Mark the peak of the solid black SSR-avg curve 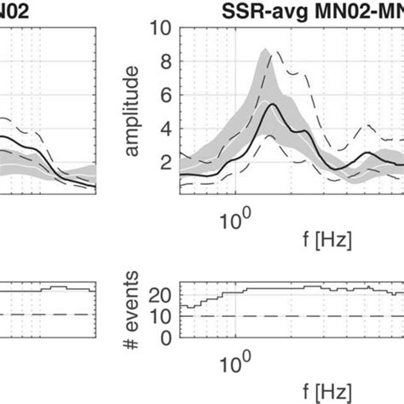pos(272,104)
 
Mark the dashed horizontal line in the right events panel pos(290,315)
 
